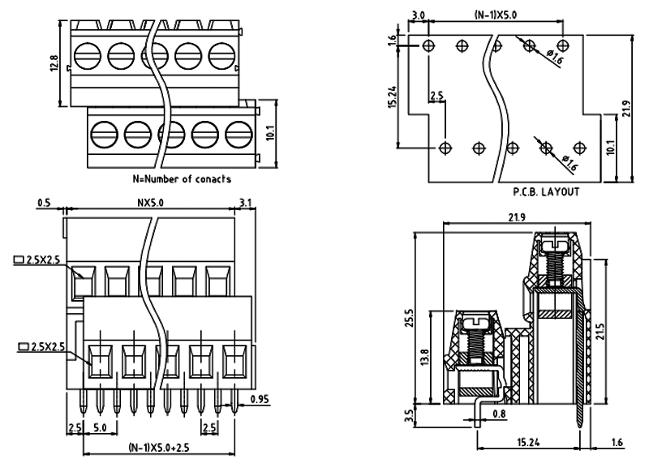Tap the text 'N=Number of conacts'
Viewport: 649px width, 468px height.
click(182, 178)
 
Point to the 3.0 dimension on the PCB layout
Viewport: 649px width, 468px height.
click(419, 15)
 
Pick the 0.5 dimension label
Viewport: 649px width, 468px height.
click(45, 204)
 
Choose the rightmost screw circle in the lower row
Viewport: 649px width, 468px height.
click(237, 133)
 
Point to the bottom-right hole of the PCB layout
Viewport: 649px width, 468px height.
click(578, 148)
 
